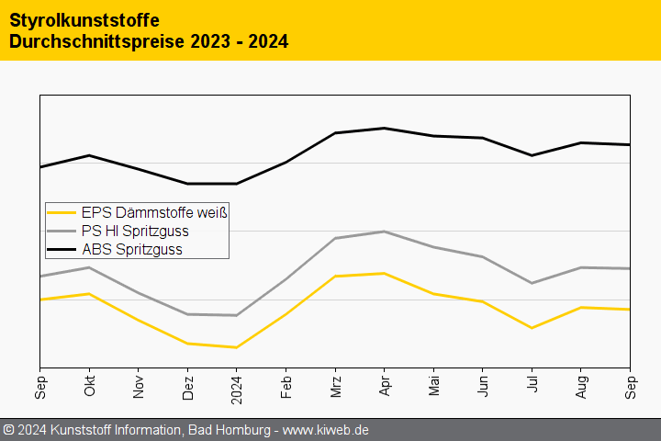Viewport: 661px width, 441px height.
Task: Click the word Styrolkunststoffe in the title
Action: click(84, 19)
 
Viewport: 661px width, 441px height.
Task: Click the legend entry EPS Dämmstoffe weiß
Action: click(154, 212)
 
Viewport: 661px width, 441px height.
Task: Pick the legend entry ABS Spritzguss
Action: click(131, 249)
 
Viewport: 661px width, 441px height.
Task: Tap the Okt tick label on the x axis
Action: click(89, 386)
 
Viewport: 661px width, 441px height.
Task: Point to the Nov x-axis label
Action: click(139, 386)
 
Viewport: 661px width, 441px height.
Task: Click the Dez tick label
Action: click(187, 386)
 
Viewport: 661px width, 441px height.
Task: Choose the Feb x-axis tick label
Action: click(286, 386)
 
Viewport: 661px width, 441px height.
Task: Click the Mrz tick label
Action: click(335, 386)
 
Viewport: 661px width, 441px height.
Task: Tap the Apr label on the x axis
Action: click(385, 386)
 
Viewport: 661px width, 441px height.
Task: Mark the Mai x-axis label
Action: click(433, 386)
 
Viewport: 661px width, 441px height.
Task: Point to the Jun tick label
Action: click(483, 386)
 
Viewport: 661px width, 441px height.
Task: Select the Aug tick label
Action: click(581, 386)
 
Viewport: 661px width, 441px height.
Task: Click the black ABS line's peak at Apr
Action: click(385, 128)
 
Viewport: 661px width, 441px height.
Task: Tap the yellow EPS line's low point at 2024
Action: click(237, 347)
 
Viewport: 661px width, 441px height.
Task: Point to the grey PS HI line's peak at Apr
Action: click(385, 232)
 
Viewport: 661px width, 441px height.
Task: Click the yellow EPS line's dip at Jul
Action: click(532, 328)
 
